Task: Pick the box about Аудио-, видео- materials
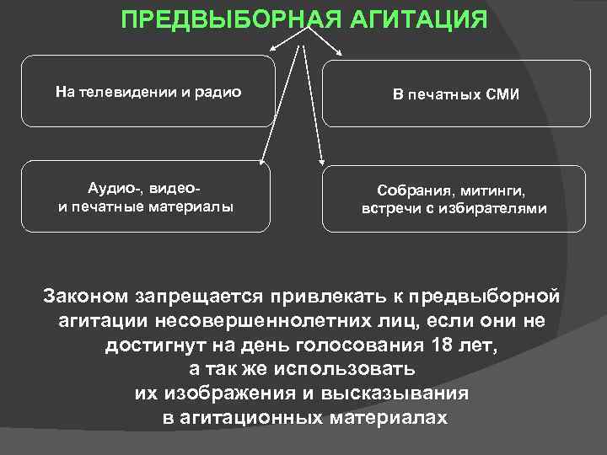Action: (x=147, y=196)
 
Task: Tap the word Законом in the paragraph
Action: (x=86, y=297)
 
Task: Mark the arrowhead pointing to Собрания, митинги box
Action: (x=321, y=160)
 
